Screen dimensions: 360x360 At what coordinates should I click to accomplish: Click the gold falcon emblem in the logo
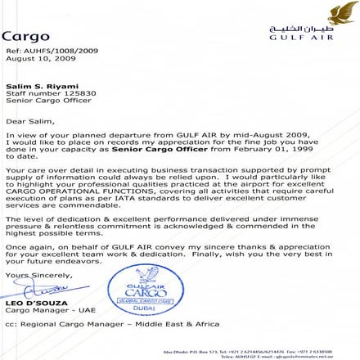point(341,14)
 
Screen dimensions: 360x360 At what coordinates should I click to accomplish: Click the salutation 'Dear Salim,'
point(28,119)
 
